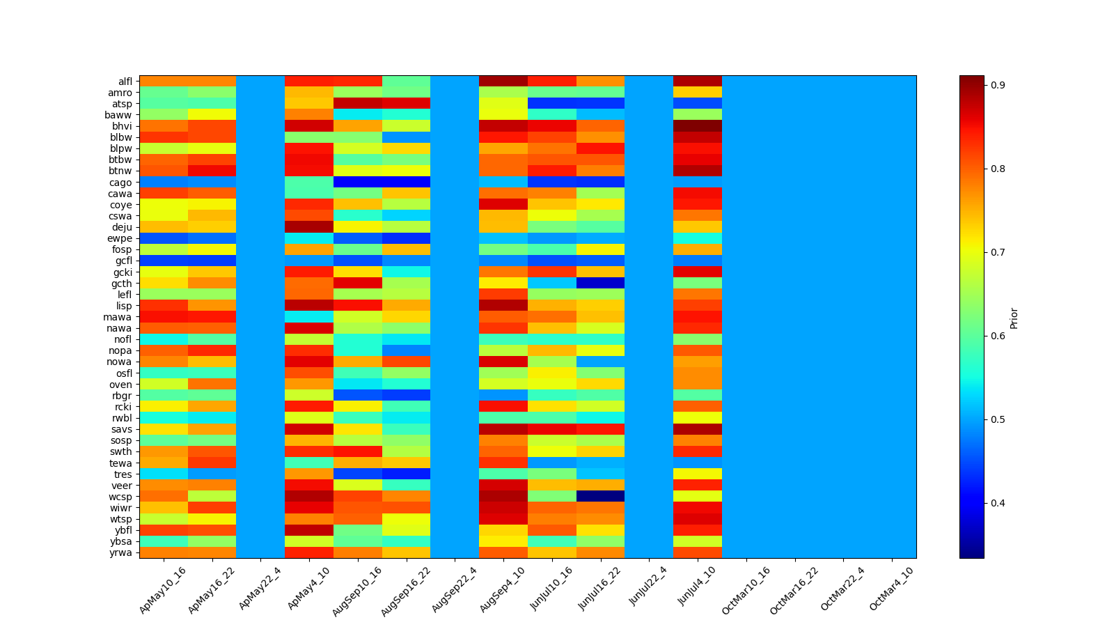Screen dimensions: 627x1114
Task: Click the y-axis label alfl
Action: pos(125,82)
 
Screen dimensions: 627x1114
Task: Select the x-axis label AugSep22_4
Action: pos(455,589)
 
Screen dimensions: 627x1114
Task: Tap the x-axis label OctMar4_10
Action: pos(891,589)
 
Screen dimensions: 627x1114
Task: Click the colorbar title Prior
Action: pos(1014,318)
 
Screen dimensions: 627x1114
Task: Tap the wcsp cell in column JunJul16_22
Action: pos(600,497)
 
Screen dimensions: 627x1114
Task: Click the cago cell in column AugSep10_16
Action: pos(358,183)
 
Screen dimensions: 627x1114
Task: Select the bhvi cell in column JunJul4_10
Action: pos(698,126)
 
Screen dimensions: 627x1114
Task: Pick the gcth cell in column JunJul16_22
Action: pos(600,284)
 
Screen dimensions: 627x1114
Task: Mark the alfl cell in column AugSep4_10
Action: pos(503,82)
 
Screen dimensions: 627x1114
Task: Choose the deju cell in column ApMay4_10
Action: pos(309,227)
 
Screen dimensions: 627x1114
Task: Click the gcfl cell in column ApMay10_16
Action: pos(164,261)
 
